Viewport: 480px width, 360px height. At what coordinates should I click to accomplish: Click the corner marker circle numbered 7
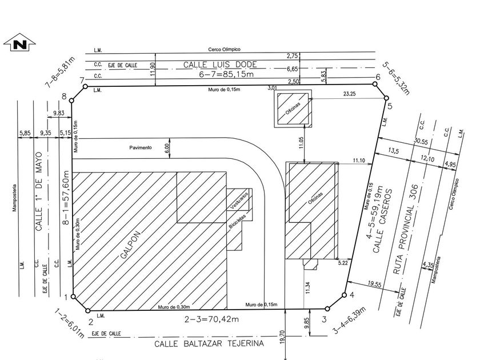pos(85,86)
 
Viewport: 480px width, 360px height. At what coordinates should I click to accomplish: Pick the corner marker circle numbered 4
pos(344,295)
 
